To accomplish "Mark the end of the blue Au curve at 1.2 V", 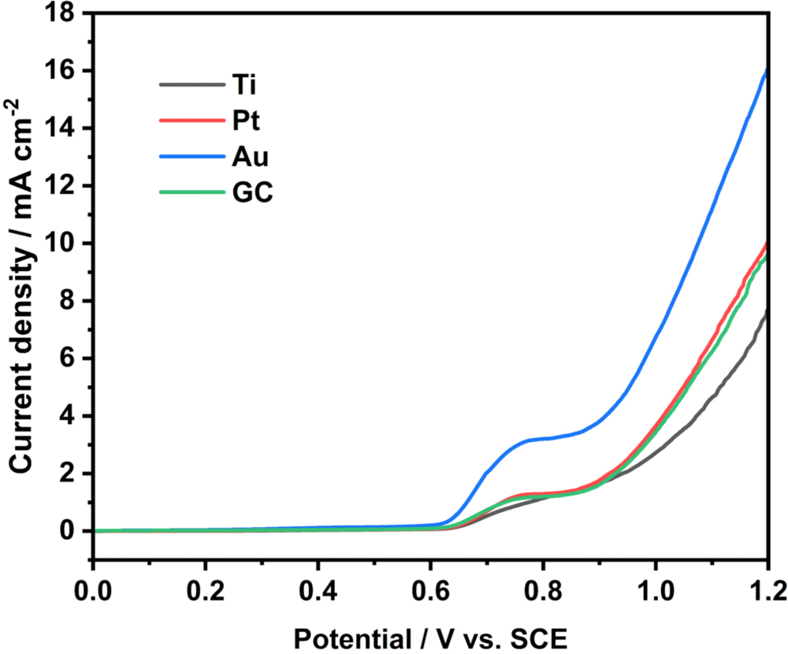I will click(x=766, y=71).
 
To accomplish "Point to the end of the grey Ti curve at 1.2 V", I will click(x=766, y=313).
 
